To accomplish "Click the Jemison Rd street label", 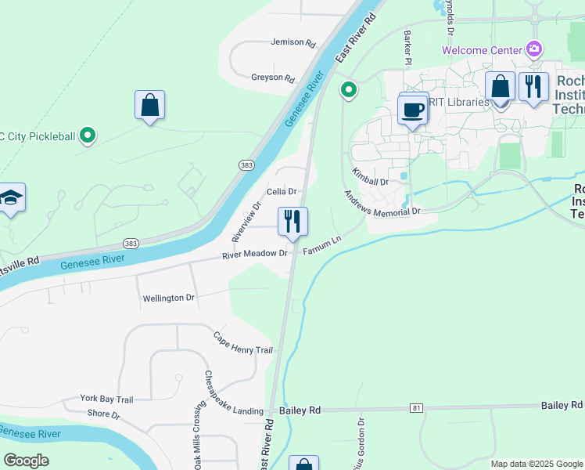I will [293, 42].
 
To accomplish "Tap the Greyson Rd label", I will [272, 78].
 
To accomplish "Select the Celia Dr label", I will [282, 191].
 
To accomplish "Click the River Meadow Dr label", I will [255, 254].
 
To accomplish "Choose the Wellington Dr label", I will [168, 298].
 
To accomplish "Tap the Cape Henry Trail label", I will [243, 342].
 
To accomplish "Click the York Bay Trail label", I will [106, 399].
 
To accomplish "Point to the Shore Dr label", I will [103, 414].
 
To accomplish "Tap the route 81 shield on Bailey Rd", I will [418, 408].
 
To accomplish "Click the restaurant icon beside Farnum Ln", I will [293, 222].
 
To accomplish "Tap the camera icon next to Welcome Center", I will [534, 49].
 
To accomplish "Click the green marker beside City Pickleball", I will [88, 136].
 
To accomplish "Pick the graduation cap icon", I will [11, 198].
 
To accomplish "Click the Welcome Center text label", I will [481, 50].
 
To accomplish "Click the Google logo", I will [27, 461].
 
